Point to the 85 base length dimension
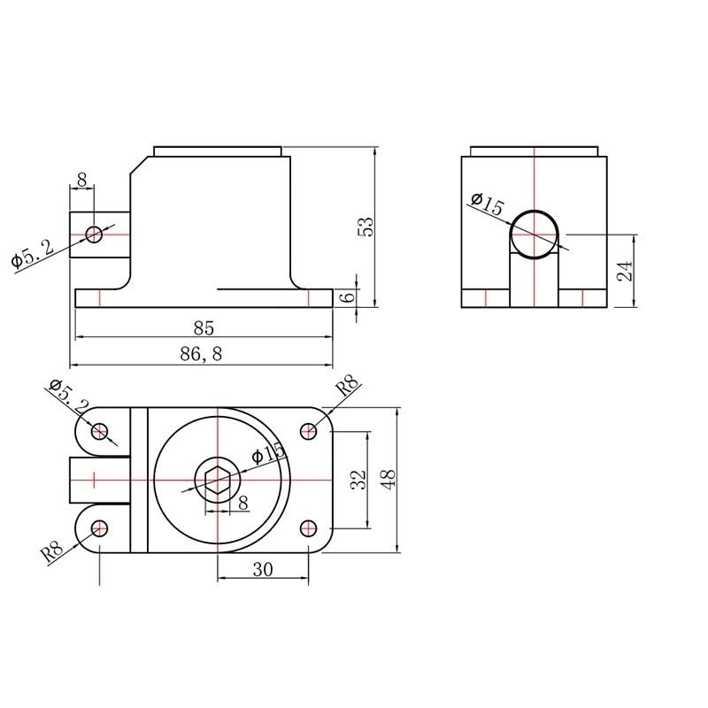click(204, 328)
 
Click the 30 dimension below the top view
click(263, 570)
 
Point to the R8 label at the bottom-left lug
click(52, 552)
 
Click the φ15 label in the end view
click(487, 205)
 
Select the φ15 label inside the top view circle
click(268, 454)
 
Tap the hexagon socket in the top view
click(218, 481)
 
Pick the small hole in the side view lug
click(95, 234)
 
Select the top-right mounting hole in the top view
click(309, 431)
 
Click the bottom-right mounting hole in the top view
click(309, 527)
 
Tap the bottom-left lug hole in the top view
click(100, 528)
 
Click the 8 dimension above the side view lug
click(82, 180)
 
